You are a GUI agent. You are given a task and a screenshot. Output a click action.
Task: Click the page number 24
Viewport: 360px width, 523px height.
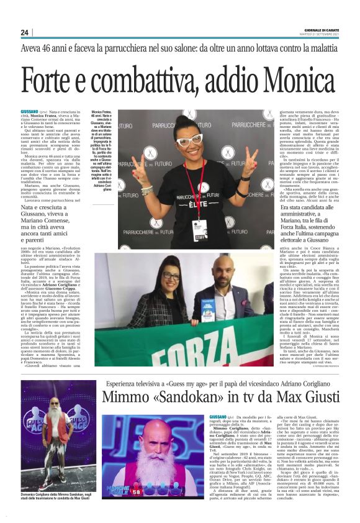(24, 32)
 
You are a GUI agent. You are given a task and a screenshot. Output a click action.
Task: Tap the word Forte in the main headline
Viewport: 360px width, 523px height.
(55, 80)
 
